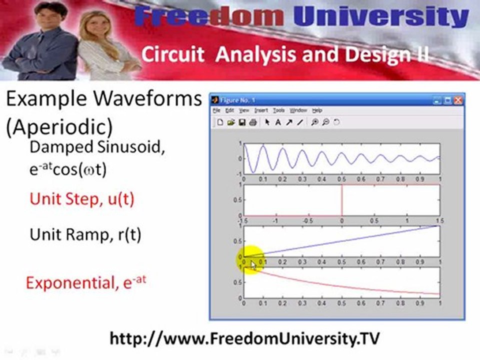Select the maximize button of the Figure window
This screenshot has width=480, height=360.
pyautogui.click(x=448, y=100)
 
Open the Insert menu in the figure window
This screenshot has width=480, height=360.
pyautogui.click(x=261, y=110)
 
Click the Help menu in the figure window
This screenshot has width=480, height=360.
pyautogui.click(x=317, y=110)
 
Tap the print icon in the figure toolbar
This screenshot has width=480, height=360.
pyautogui.click(x=253, y=122)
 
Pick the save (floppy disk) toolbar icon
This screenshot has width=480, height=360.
pyautogui.click(x=241, y=122)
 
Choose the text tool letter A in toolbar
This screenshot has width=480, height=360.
pyautogui.click(x=278, y=122)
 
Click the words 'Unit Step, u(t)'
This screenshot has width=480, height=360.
pyautogui.click(x=82, y=199)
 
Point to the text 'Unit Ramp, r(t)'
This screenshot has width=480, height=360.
pyautogui.click(x=85, y=234)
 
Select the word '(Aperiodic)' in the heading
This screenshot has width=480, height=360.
pyautogui.click(x=59, y=127)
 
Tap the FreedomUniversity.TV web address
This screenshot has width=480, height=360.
pyautogui.click(x=247, y=338)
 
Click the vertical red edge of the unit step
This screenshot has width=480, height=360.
pyautogui.click(x=341, y=200)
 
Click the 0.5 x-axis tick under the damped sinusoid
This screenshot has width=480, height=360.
pyautogui.click(x=341, y=178)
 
